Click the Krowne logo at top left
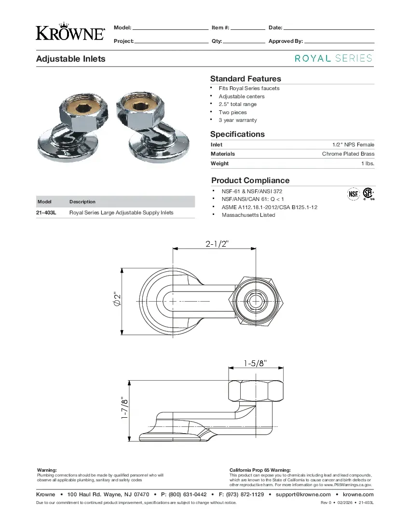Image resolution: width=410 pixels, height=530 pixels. click(70, 31)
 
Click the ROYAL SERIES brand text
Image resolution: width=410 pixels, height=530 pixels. click(333, 58)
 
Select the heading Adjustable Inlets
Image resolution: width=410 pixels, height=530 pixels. click(70, 59)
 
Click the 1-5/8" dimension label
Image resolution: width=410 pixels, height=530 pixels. click(255, 362)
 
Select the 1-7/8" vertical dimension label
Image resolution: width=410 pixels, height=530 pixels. click(124, 408)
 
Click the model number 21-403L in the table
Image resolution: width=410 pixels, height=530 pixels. click(46, 212)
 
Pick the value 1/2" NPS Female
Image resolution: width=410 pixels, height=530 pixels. click(353, 145)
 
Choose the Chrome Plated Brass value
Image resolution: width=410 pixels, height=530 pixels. click(348, 154)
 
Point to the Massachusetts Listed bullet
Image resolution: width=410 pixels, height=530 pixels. click(248, 215)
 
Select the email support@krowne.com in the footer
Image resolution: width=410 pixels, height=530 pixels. click(303, 494)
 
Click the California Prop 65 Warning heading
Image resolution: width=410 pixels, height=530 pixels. click(260, 470)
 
